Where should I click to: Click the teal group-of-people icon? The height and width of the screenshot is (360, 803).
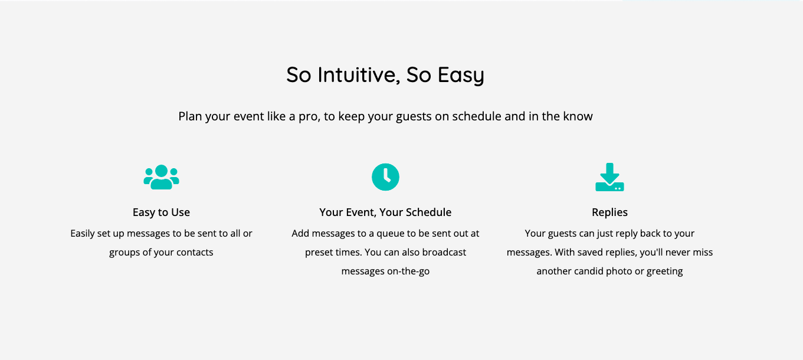coord(161,177)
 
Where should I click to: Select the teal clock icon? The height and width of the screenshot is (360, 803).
coord(385,177)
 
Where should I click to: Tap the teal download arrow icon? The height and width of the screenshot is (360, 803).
coord(609,177)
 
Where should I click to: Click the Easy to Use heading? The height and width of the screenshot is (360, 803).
coord(161,212)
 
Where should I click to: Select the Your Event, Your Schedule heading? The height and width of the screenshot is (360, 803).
coord(385,212)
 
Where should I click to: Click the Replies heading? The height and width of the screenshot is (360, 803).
coord(609,212)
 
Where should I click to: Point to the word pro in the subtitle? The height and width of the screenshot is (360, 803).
coord(309,117)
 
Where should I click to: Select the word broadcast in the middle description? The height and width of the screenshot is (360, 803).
coord(444,252)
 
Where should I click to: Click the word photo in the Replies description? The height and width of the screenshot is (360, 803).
coord(619,271)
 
